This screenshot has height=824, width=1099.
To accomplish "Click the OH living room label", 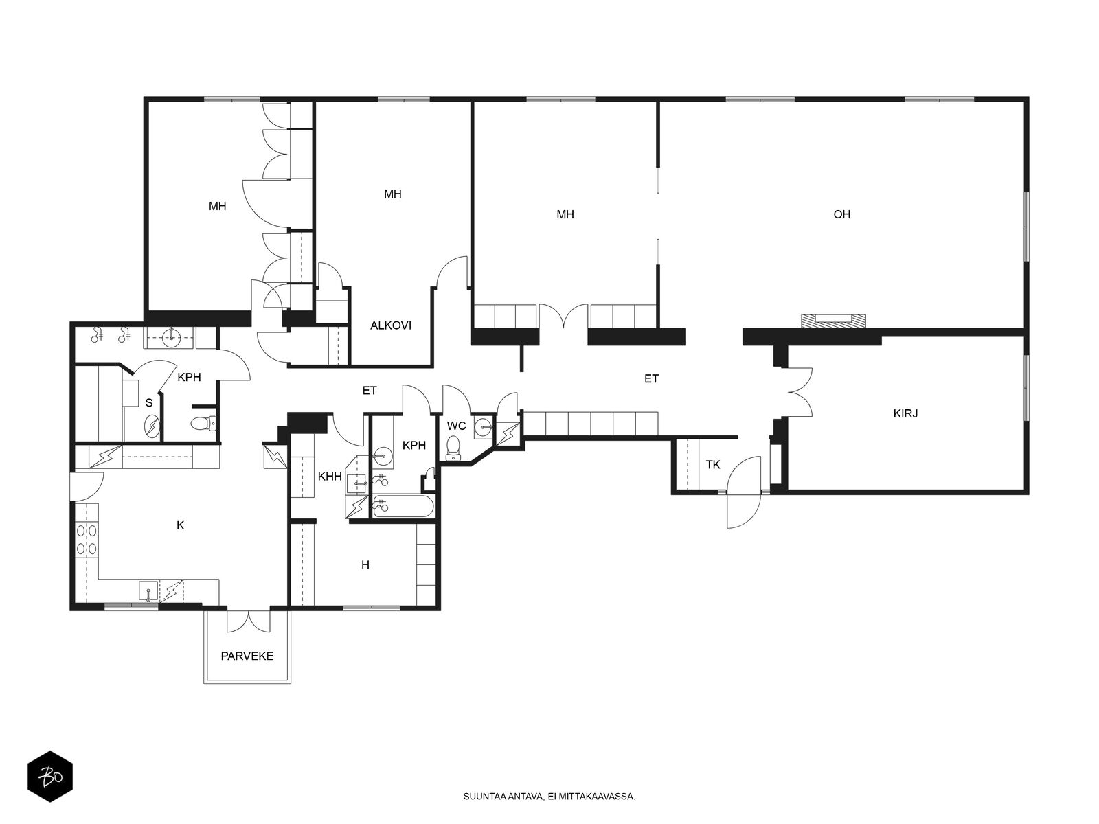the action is coord(841,214).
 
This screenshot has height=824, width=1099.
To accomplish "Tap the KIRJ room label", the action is coord(905,414).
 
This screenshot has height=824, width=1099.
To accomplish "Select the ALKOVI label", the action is coord(391,325).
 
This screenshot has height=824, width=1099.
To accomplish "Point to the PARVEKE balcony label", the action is coord(247,656).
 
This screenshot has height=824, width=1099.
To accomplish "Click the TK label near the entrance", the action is coord(713,465).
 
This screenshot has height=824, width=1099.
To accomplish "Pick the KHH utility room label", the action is coord(330,477).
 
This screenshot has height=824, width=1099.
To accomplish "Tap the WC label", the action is coord(456,426).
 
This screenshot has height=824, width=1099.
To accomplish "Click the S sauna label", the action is coord(148,403).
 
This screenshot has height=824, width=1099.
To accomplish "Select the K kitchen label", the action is coord(181,525).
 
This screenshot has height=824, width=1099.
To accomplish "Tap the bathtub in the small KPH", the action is coord(403,506).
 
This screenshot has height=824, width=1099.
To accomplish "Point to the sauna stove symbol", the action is coord(152,426).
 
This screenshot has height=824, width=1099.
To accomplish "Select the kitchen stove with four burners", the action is coord(87,540).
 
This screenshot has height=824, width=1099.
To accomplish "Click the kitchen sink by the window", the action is coord(148,591).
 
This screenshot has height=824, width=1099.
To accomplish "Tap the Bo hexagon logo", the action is coord(50,777).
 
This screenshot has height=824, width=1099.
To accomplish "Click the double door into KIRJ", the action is coord(800,392).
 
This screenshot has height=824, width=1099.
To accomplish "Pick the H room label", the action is coord(365,565).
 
